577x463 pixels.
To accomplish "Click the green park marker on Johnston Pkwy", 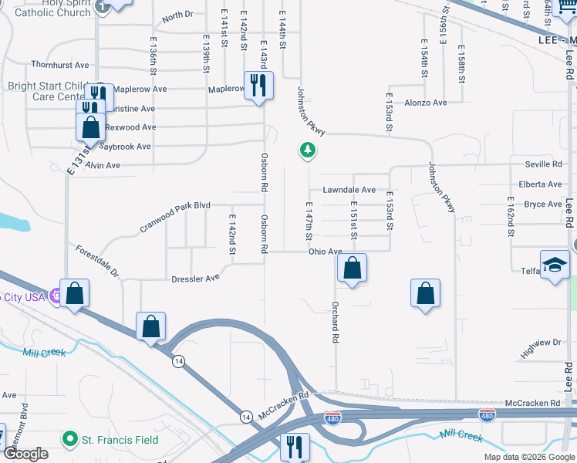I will pos(308,150).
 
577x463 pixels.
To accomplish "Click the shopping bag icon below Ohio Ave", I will pos(352,269).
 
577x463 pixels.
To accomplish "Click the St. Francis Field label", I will pos(120,441).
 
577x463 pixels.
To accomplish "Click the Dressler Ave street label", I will pos(196,278).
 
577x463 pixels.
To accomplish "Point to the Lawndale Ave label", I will pos(349,190).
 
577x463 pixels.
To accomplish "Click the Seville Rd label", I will pos(543,164).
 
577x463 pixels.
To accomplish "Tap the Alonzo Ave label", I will pos(426,103).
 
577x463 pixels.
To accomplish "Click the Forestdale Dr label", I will pos(97,262).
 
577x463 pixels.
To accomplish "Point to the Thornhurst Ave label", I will pos(60,65).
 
